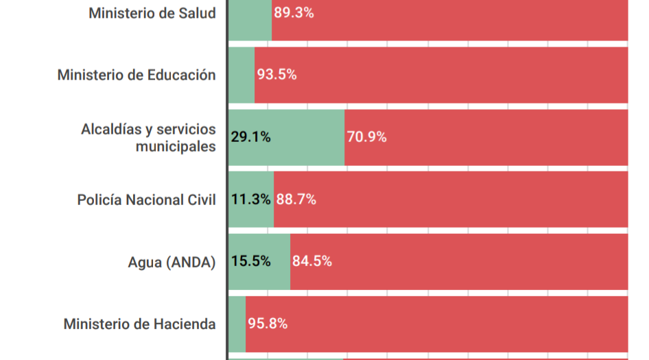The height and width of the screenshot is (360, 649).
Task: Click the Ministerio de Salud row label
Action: click(x=152, y=13)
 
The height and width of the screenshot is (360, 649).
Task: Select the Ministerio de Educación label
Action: click(x=137, y=75)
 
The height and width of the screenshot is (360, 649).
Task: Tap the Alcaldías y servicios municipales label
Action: click(x=148, y=137)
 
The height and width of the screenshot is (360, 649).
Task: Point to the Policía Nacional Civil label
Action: click(x=146, y=200)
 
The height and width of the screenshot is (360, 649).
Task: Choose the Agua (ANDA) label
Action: click(x=172, y=261)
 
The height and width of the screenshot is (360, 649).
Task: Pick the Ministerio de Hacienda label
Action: click(x=139, y=324)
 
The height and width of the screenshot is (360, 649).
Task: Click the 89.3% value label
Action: click(x=294, y=13)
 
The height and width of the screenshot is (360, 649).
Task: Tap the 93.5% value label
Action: click(x=276, y=75)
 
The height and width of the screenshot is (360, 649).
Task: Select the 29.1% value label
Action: click(x=250, y=137)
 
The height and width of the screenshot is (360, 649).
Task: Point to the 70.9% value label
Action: click(x=367, y=137)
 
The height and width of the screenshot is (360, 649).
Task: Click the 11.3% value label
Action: click(x=250, y=200)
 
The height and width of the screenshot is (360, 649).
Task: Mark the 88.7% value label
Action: click(x=296, y=200)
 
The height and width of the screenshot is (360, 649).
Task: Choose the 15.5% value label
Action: click(x=250, y=261)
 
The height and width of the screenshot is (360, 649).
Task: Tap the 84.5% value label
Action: click(x=312, y=261)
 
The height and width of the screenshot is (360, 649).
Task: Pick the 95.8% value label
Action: click(x=268, y=324)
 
